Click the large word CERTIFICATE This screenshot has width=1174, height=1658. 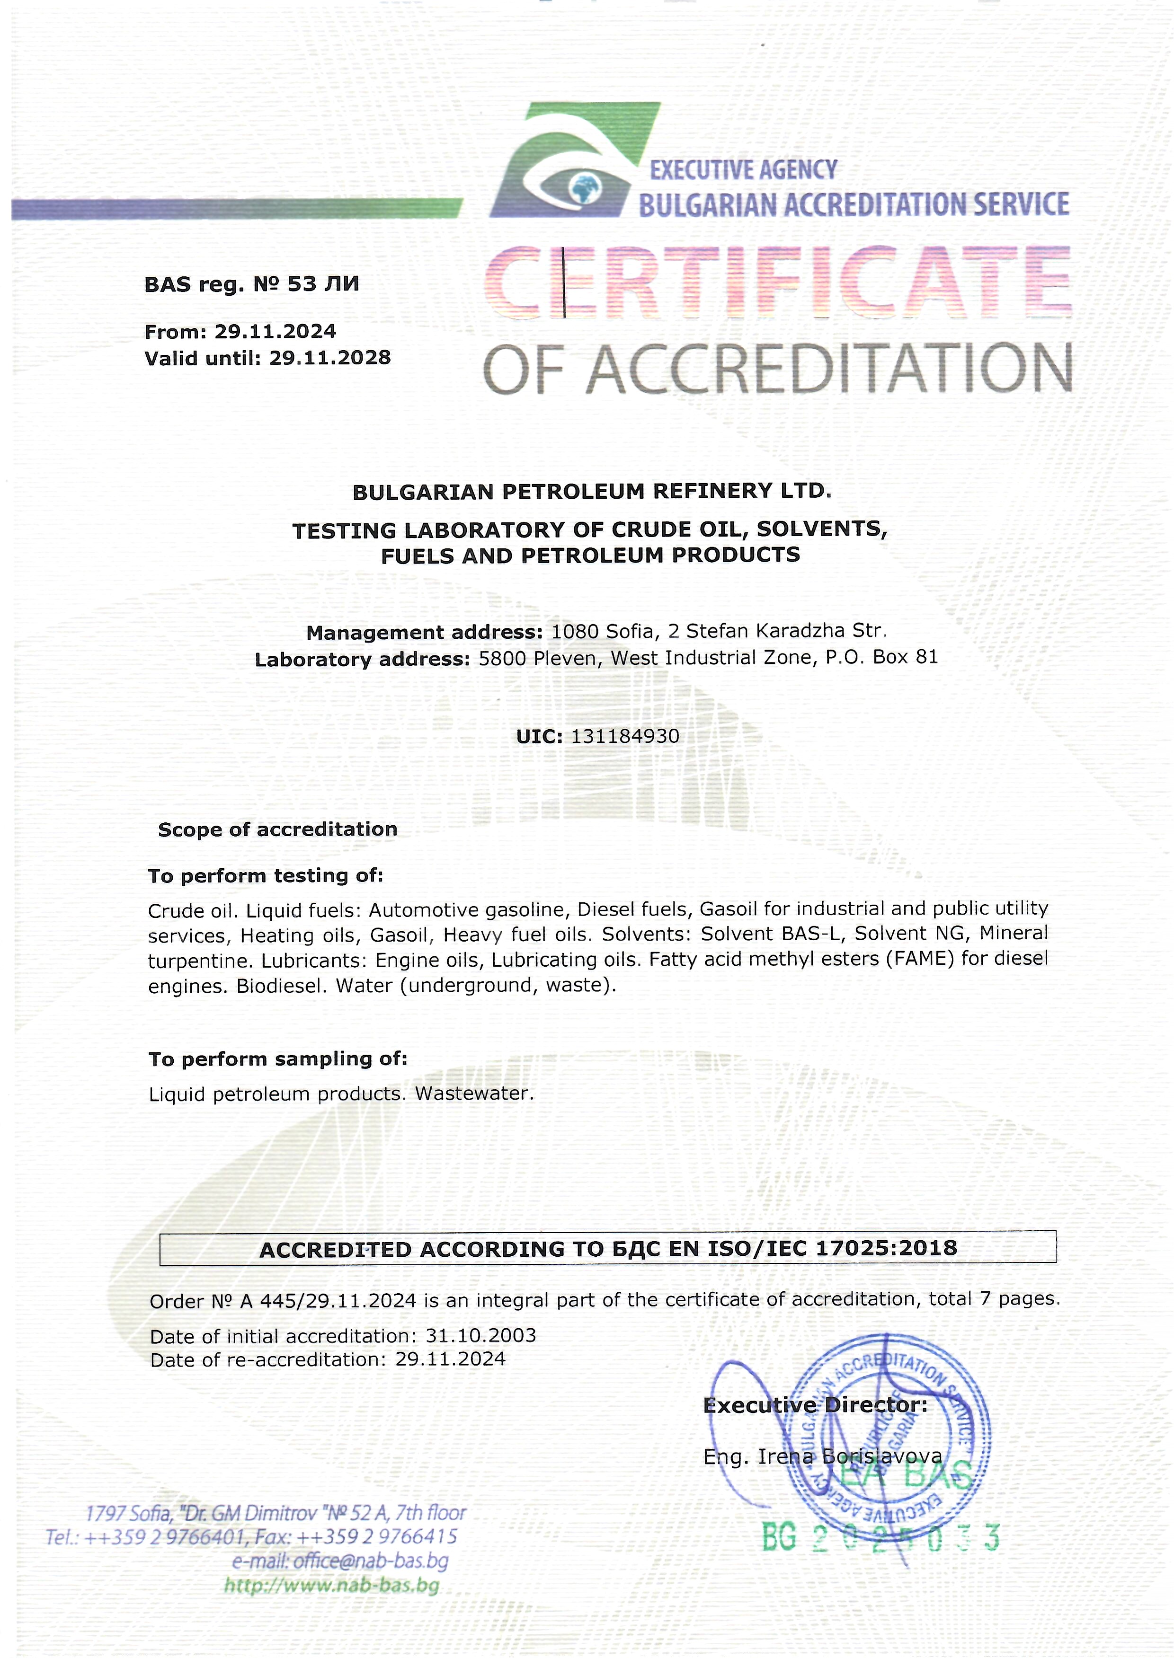tap(777, 282)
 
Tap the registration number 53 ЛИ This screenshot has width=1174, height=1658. tap(322, 284)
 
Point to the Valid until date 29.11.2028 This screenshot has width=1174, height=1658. tap(329, 358)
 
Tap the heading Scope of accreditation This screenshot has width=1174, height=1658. tap(277, 829)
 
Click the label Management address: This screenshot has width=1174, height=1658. tap(424, 632)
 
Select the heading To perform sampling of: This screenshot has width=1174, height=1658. tap(277, 1059)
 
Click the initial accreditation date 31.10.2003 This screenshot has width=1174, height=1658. tap(481, 1335)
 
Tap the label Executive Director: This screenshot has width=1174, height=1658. tap(815, 1405)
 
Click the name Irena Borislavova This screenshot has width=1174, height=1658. tap(849, 1457)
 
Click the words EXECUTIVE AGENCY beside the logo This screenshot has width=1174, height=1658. tap(743, 170)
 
